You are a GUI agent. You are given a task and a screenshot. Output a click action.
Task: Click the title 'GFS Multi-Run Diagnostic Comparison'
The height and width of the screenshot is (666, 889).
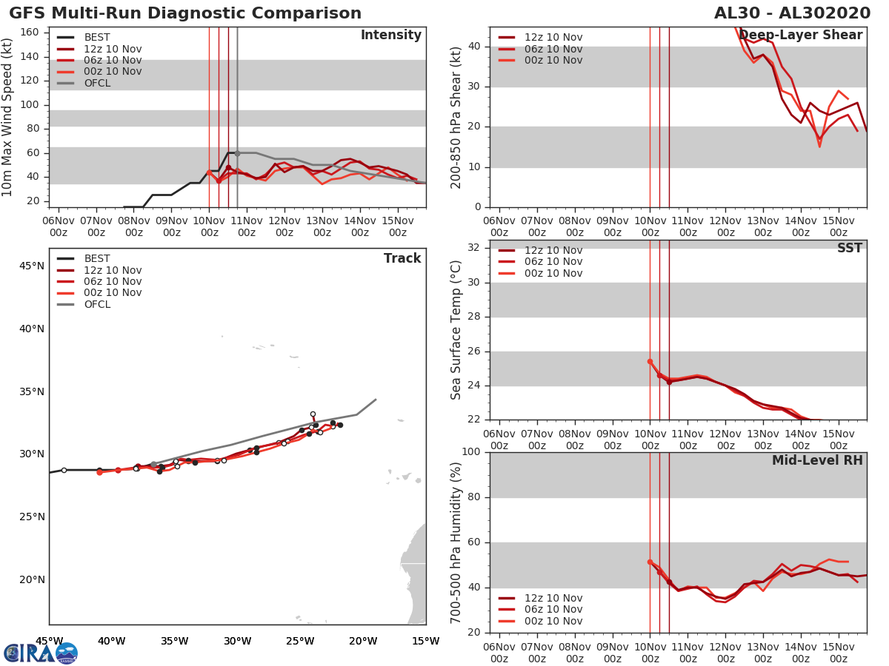coord(185,13)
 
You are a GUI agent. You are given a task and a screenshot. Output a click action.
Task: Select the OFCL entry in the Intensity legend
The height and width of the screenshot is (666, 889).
coord(97,83)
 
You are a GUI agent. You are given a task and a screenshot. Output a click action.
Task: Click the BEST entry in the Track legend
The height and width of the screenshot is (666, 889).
coord(97,258)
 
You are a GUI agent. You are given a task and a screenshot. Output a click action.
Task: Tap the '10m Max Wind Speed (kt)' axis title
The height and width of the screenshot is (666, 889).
coord(8,117)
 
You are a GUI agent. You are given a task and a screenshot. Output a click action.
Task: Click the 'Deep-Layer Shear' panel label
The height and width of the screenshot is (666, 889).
coord(800,36)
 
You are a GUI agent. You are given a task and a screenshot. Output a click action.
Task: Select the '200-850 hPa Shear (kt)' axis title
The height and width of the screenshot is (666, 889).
coord(456,117)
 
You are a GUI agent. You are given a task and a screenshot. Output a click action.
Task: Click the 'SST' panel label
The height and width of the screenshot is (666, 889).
coord(849,248)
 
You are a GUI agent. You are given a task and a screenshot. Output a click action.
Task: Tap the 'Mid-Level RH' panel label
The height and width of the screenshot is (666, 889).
coord(816,460)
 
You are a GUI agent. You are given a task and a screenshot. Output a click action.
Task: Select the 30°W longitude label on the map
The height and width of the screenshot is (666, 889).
coord(237,641)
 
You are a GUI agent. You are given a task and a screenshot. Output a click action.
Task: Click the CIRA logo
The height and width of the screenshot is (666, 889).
coord(41,653)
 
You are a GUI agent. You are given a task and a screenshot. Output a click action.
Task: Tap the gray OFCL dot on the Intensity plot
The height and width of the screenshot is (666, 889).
coord(237,153)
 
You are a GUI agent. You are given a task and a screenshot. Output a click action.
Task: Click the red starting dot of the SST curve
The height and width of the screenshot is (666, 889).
coord(650,362)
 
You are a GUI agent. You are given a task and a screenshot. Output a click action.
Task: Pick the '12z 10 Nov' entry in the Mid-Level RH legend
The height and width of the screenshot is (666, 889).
coord(553,598)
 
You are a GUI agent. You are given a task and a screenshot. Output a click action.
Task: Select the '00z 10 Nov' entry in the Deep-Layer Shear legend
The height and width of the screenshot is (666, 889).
coord(553,60)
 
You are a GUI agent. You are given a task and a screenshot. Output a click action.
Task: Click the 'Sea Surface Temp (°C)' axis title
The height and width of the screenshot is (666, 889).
coord(456,330)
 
